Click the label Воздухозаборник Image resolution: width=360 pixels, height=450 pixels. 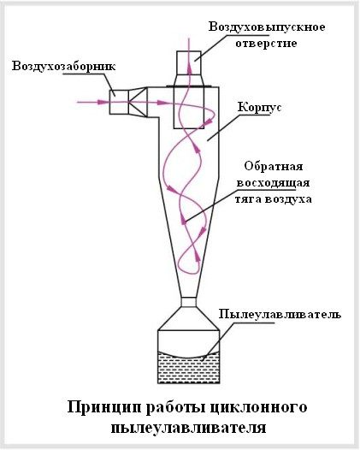63,66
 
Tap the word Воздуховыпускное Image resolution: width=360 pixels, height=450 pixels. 267,27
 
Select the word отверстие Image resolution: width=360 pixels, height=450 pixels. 266,44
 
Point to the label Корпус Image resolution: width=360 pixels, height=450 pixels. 260,108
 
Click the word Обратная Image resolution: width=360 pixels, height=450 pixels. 274,166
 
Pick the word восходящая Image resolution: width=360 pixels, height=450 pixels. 273,183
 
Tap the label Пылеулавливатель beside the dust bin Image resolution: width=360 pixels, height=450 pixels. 280,314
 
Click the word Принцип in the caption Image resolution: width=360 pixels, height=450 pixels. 104,407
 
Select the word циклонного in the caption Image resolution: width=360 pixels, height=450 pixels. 258,408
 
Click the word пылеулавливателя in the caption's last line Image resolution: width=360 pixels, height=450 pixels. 188,428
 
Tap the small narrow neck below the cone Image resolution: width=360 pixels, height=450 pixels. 189,302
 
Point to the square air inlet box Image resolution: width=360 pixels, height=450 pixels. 119,102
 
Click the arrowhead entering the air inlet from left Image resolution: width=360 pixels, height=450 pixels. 102,102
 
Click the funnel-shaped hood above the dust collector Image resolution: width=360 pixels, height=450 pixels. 189,318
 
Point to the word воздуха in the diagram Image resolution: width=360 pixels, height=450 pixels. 287,199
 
